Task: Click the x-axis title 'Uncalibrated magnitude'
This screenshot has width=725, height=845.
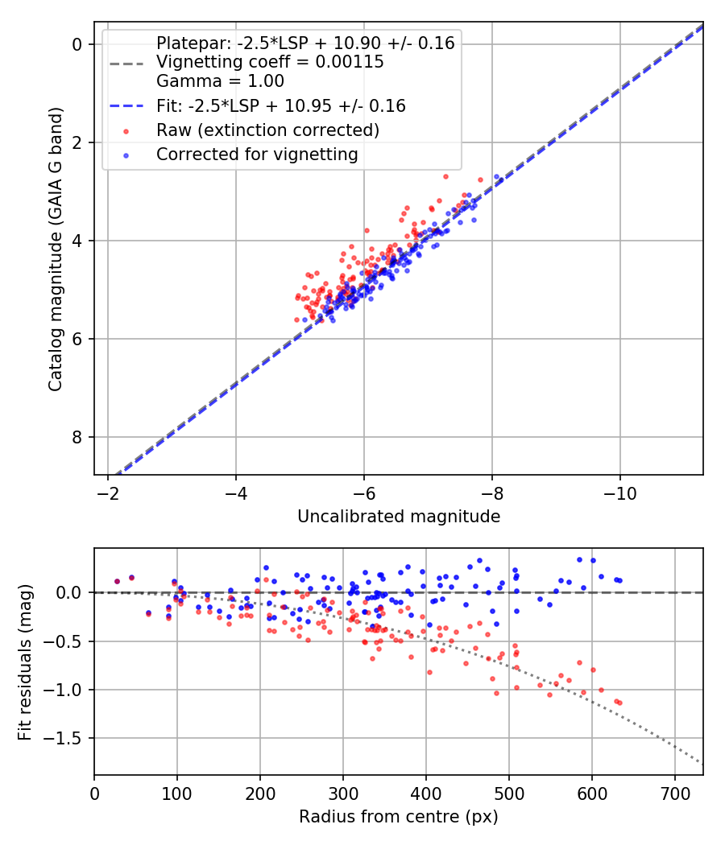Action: (399, 517)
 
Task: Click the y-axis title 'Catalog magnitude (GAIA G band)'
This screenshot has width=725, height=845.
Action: (55, 249)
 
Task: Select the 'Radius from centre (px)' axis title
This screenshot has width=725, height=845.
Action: (399, 817)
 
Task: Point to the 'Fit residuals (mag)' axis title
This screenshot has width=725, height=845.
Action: (24, 661)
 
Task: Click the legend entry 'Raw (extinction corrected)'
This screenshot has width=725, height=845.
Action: (267, 130)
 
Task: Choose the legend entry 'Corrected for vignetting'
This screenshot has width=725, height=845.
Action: (257, 154)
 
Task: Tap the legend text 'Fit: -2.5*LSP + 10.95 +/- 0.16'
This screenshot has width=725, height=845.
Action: (280, 105)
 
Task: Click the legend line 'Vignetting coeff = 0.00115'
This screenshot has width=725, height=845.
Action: (270, 62)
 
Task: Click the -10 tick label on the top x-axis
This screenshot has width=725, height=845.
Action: (619, 490)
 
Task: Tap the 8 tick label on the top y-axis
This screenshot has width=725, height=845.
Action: (78, 437)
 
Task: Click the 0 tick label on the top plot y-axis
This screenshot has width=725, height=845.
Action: (78, 44)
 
